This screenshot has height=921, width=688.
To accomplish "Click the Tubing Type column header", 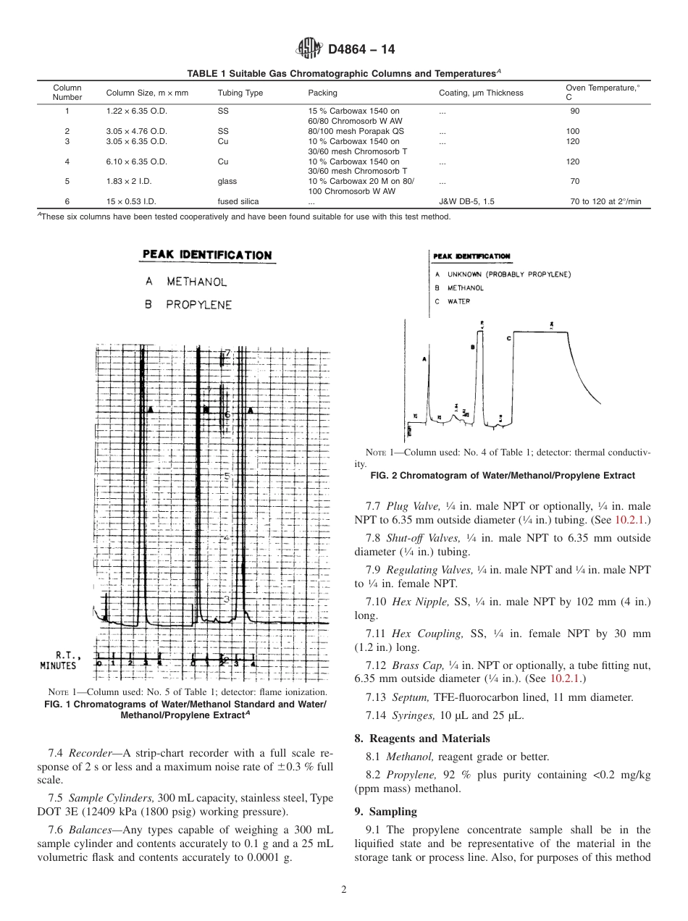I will point(240,93).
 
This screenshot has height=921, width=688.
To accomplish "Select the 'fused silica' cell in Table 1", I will point(238,201).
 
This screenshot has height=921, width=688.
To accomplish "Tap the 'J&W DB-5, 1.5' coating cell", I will point(467,201).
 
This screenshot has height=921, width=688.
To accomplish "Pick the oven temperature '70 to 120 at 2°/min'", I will point(605,201).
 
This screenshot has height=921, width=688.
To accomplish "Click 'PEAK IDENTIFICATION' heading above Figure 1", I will point(207,255).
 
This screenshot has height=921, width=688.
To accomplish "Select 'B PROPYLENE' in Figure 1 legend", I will point(188,305).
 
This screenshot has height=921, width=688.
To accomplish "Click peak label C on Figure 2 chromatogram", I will point(509,337).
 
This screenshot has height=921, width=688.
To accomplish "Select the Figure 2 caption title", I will point(502,476).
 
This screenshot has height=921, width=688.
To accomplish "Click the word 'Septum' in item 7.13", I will point(411,697).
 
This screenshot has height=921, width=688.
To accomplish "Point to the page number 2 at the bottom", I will point(344,890).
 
